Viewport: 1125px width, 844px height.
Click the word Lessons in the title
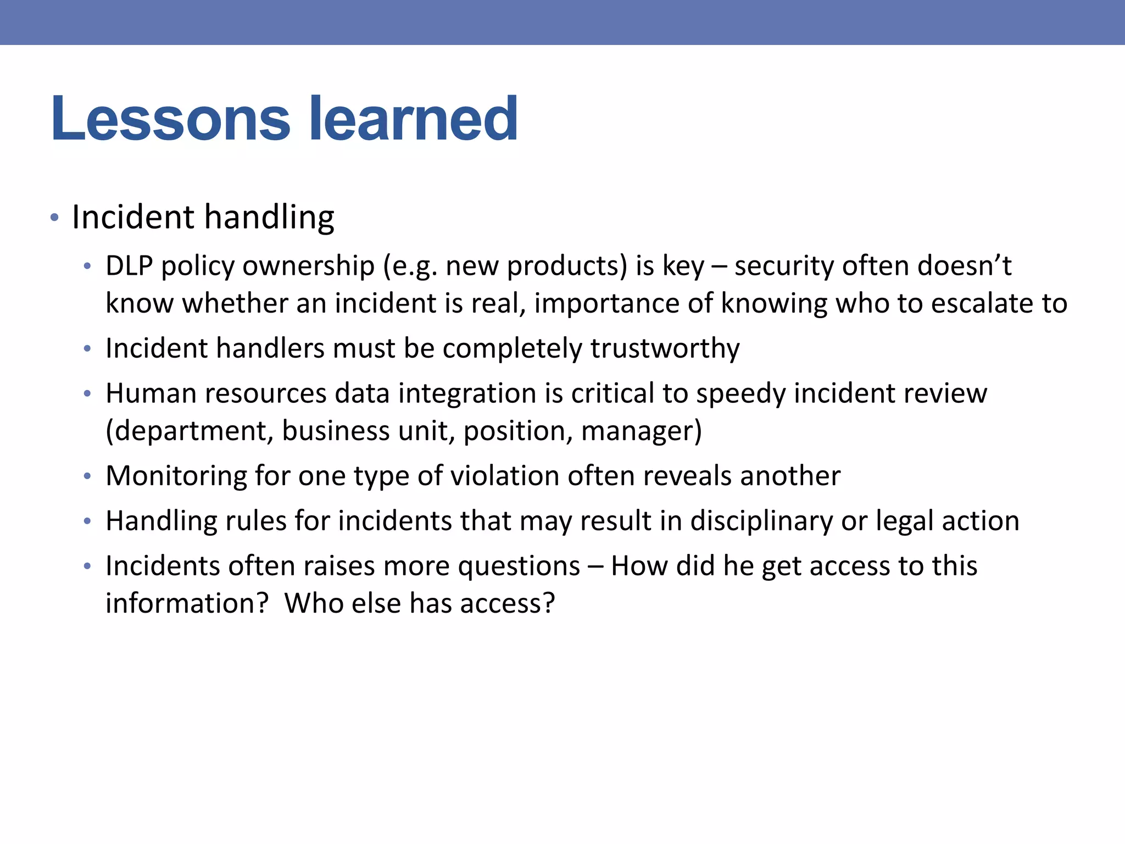click(x=170, y=119)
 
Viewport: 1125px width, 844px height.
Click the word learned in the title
click(x=413, y=119)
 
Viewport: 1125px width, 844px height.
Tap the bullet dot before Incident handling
click(x=54, y=218)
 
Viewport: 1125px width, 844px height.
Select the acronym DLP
click(x=129, y=266)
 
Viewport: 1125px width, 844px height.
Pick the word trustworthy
click(x=665, y=348)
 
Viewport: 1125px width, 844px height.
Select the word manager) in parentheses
click(x=642, y=431)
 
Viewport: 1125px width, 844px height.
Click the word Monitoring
click(x=176, y=476)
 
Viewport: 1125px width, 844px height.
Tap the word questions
click(x=519, y=567)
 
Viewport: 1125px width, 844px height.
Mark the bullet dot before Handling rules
click(x=87, y=521)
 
